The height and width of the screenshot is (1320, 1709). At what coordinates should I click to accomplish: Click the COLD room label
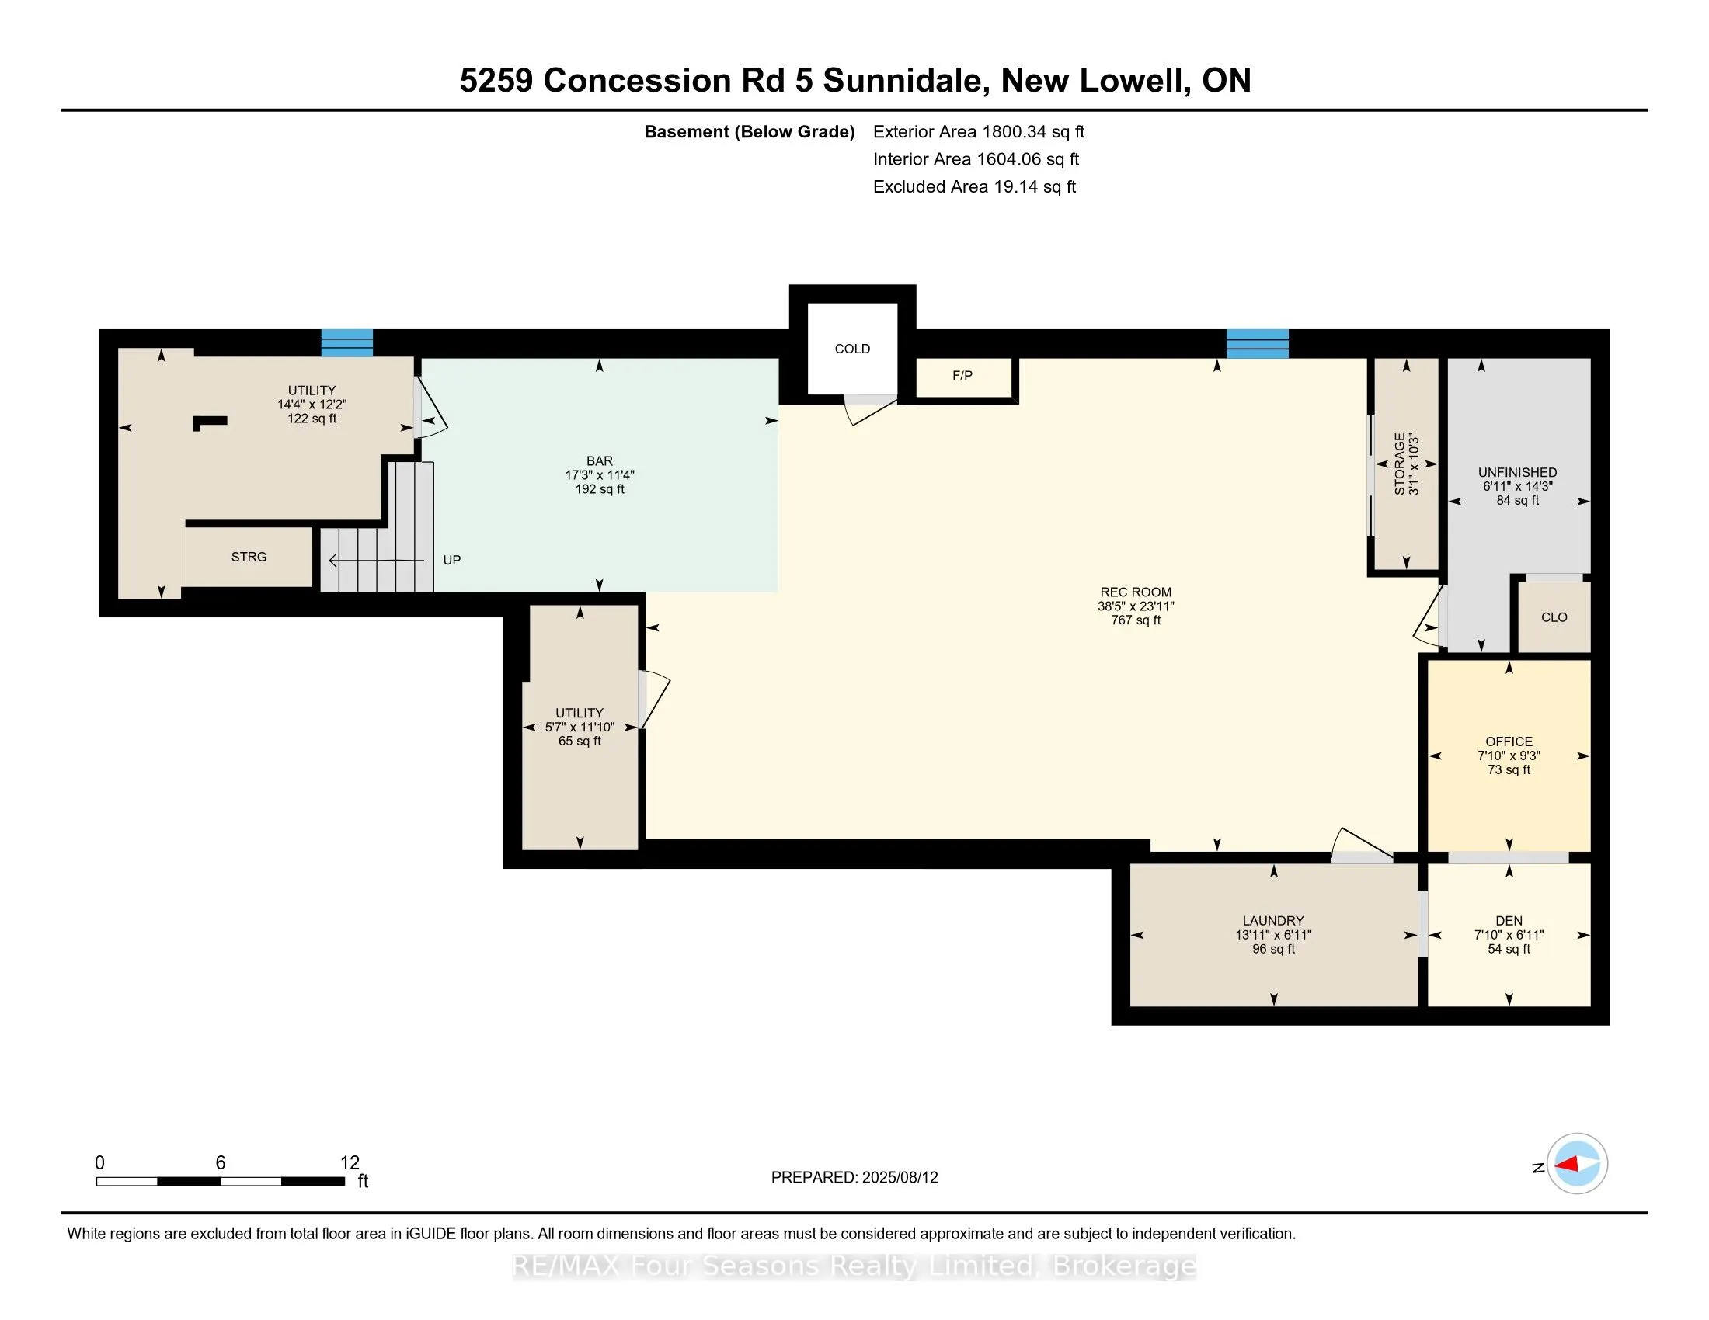point(852,349)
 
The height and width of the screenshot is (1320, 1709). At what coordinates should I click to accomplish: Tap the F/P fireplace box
point(962,376)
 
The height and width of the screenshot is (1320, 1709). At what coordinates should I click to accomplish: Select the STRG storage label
point(249,557)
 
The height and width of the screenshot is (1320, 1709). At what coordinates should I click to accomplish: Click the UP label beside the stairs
point(451,560)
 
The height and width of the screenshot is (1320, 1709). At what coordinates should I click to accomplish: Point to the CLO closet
point(1554,617)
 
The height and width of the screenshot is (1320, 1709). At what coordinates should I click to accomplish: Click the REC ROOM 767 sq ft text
point(1136,620)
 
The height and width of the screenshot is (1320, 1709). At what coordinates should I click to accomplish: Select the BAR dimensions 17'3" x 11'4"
point(600,474)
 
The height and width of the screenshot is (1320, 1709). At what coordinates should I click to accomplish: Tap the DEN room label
point(1509,920)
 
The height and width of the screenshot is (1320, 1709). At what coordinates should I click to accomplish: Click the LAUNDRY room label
point(1273,920)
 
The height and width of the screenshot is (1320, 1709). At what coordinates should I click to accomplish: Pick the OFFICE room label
point(1509,742)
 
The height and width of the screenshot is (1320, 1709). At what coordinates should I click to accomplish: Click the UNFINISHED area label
point(1516,472)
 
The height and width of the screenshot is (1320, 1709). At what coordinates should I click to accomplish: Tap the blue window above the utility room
point(346,343)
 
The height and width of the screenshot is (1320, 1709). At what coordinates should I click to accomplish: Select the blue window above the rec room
point(1257,343)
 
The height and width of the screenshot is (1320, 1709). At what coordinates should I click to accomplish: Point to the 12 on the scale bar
point(350,1163)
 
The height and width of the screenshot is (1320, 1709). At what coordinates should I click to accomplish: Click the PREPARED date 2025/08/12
point(854,1178)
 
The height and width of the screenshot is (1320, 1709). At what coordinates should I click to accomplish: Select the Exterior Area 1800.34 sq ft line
point(978,132)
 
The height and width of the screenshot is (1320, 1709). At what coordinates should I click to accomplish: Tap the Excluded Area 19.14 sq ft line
point(974,187)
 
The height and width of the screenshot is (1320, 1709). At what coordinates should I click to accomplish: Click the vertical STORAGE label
point(1400,464)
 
